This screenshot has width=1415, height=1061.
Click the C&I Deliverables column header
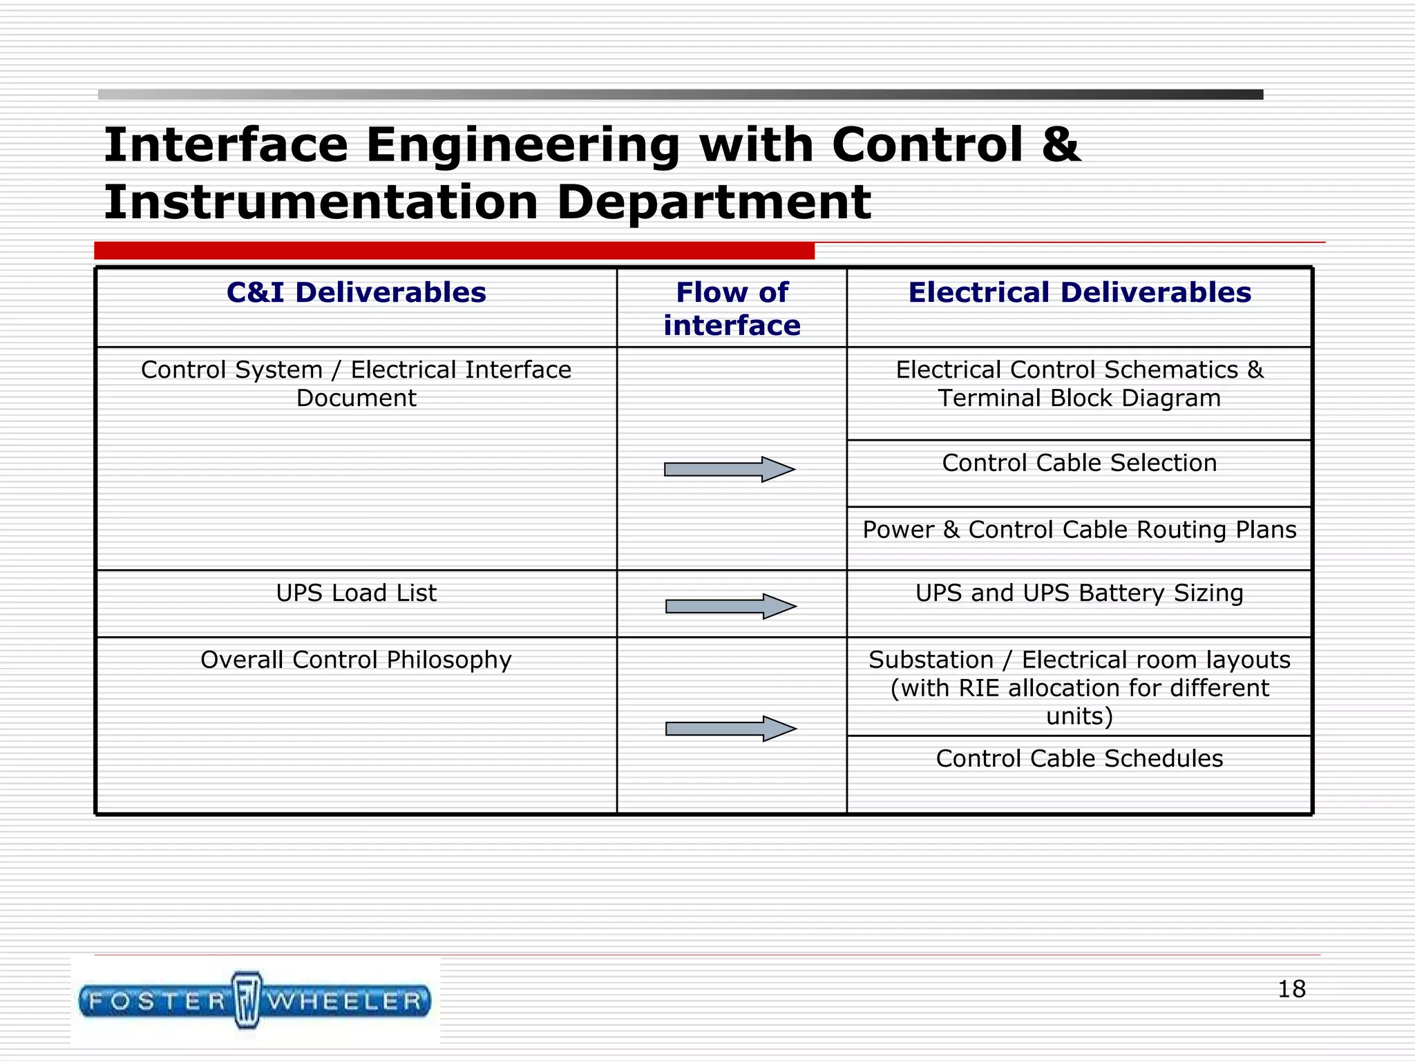click(356, 293)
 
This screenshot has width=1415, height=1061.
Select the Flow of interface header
click(732, 309)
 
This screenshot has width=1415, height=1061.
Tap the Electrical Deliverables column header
click(1079, 293)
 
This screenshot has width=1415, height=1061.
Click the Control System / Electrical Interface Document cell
click(356, 384)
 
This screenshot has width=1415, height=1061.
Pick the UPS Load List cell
click(356, 593)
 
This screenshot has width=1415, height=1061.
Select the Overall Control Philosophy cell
click(356, 660)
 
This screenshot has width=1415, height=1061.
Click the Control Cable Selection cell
click(1079, 463)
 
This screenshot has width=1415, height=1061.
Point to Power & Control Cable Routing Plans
click(1079, 530)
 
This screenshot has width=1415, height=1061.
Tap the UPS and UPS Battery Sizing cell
click(1079, 593)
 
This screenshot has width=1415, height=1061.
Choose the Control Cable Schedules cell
click(1079, 758)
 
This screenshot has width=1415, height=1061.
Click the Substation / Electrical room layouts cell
click(1079, 688)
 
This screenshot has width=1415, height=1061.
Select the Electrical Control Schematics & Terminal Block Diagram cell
click(1079, 384)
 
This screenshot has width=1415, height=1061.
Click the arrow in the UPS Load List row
click(730, 606)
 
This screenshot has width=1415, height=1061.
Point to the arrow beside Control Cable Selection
click(730, 470)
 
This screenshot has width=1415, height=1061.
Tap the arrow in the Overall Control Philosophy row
click(730, 729)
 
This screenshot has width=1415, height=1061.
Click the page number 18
click(1291, 989)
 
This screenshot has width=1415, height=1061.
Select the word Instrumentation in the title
click(321, 202)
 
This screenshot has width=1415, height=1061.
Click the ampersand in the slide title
click(1060, 145)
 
